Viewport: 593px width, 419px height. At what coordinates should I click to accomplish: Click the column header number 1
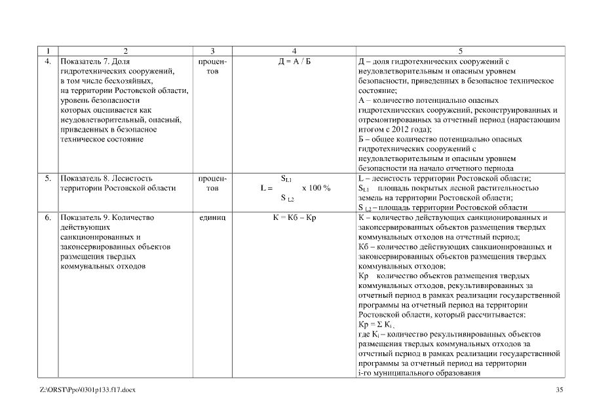47,50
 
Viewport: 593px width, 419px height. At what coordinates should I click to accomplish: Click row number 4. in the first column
48,61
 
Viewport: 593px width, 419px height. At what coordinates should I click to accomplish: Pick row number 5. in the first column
48,178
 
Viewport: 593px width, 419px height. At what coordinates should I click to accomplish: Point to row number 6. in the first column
48,217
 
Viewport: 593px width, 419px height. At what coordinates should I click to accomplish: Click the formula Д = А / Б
294,61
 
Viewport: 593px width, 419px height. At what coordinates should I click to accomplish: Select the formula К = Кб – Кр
294,217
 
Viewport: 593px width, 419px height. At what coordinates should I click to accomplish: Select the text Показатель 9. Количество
106,217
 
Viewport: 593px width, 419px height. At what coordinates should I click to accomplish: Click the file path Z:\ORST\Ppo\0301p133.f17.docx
88,390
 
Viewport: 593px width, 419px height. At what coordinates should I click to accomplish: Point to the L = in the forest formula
265,188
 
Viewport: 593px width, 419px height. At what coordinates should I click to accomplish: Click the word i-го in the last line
366,374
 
